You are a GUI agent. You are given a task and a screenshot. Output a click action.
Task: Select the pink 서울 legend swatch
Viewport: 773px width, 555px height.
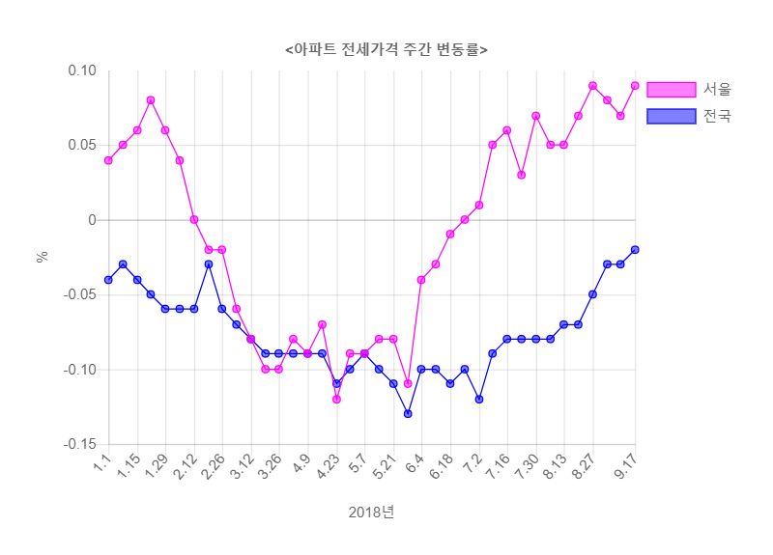[671, 90]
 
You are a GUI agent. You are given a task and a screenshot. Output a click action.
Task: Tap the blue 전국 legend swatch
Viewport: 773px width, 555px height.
[671, 117]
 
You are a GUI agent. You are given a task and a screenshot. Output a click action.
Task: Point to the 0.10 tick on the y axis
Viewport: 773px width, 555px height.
[82, 70]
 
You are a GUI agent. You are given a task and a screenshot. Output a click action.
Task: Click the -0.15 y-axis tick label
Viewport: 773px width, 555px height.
[80, 445]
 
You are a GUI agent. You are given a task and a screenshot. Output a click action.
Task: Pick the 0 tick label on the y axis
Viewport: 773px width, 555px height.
[92, 220]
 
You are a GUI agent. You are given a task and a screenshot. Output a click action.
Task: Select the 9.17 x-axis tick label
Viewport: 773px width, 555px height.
[628, 469]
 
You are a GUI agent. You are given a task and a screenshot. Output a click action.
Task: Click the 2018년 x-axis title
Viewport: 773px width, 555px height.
[372, 513]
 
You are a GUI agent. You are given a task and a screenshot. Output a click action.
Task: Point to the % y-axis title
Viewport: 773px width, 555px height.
[42, 258]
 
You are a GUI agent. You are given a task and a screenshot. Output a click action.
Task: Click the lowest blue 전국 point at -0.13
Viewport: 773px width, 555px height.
[408, 413]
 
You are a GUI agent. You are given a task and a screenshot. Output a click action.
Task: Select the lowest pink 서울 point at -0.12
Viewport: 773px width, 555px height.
[336, 399]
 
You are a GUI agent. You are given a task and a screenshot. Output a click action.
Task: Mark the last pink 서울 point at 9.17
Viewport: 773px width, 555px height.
[635, 85]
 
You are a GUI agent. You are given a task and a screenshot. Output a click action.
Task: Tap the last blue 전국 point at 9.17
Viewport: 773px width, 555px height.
[635, 250]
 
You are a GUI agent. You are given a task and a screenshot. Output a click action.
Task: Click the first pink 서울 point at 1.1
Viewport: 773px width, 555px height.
[108, 160]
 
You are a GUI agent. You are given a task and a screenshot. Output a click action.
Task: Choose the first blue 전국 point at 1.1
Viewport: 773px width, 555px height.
[108, 280]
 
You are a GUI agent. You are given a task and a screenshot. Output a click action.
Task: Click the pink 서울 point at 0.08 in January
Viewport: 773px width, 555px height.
[151, 100]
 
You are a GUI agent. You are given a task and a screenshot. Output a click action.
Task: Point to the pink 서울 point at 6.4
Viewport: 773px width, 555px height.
[421, 280]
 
